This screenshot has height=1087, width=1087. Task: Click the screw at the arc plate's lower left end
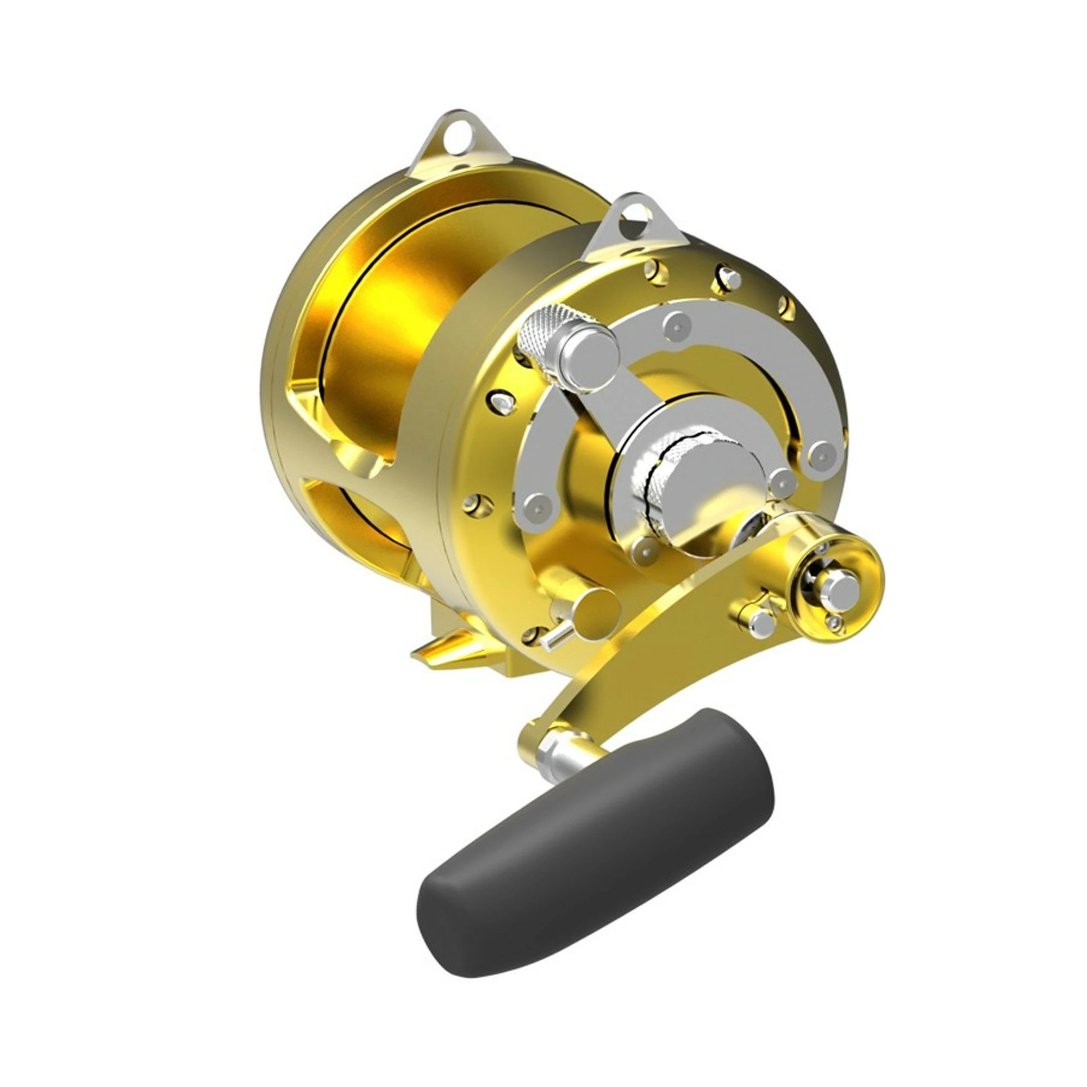click(538, 502)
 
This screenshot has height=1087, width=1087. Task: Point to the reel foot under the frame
click(450, 647)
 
